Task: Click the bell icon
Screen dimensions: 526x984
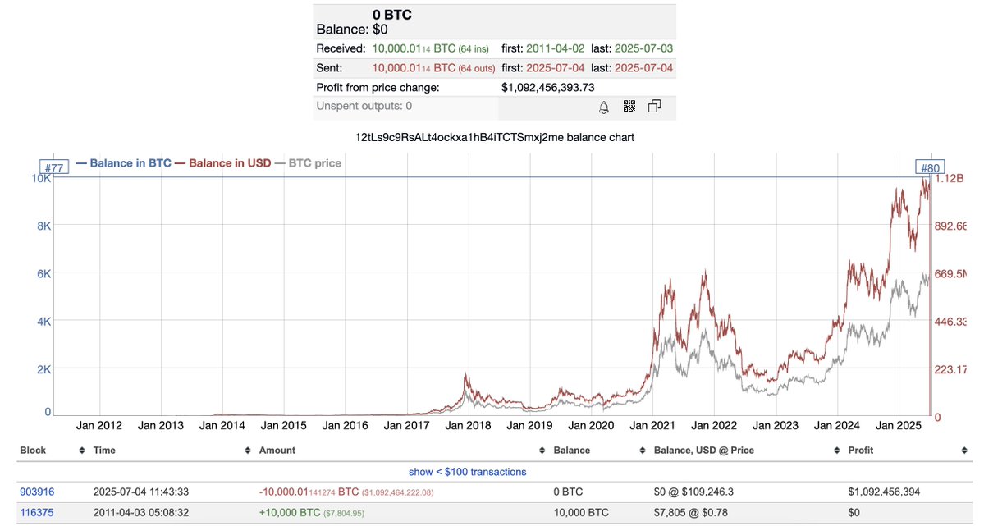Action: [x=604, y=107]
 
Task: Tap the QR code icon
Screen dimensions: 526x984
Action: [x=629, y=107]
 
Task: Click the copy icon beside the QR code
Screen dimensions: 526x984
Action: [x=655, y=107]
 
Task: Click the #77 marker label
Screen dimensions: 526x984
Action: [x=54, y=168]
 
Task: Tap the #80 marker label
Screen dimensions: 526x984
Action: [x=930, y=168]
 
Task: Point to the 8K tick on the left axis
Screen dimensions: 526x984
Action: [x=43, y=226]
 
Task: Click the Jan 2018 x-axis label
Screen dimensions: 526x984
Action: [x=468, y=425]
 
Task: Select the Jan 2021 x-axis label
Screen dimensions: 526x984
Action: [x=652, y=425]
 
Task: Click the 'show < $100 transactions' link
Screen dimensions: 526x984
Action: [x=467, y=472]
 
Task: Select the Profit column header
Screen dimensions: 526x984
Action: [x=861, y=451]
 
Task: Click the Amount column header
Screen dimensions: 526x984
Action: [x=277, y=451]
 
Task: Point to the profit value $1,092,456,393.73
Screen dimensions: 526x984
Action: [x=547, y=88]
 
